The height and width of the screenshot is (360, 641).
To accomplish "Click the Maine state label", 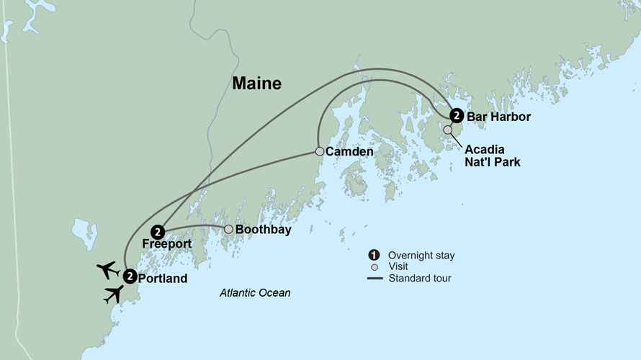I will coord(256,84).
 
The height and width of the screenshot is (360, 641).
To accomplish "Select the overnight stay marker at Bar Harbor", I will coord(456,115).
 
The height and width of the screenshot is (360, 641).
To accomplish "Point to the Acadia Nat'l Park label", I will coord(492,156).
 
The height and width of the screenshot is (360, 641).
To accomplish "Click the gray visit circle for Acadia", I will coord(448,130).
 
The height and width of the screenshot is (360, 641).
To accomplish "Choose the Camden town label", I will coord(349,153).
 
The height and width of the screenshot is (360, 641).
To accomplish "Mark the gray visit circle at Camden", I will coord(319,152).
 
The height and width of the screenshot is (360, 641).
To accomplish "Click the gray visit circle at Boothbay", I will coord(228,230).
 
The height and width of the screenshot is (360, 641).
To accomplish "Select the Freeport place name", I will coord(166,244).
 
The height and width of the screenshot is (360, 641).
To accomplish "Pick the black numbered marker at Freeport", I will coord(158,231).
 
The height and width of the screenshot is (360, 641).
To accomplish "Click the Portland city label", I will coord(163,278).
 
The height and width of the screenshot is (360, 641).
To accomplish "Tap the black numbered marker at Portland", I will coord(130,275).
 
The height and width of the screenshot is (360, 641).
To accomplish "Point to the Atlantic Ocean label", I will coord(256,293).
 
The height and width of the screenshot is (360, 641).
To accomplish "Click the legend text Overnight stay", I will coord(421,255).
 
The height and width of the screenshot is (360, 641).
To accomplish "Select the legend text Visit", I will coord(397,266).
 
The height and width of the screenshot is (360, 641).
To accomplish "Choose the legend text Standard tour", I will coord(419,278).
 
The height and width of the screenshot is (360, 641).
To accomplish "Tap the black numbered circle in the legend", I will coord(374,255).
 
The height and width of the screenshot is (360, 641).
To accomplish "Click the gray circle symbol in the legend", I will coord(374,266).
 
